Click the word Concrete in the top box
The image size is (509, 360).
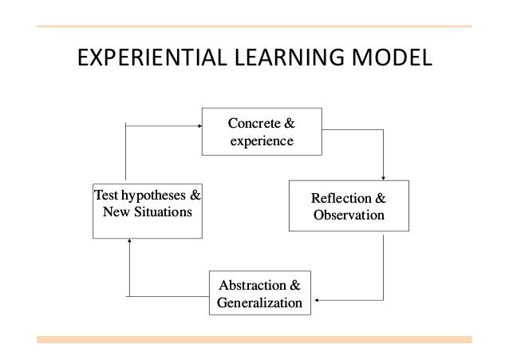[254, 123]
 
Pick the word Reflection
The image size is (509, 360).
[341, 197]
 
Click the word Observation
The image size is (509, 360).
[348, 215]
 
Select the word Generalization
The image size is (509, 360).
[259, 303]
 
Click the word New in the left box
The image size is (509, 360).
[115, 212]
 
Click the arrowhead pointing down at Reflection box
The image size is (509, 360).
[384, 177]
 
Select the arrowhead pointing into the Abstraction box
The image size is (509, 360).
[316, 300]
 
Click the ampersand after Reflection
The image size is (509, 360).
[381, 197]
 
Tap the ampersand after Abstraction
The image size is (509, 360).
[294, 285]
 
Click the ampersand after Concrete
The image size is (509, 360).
[290, 123]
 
